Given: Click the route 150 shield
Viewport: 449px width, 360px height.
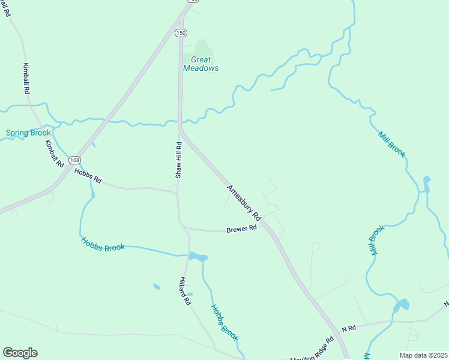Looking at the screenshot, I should (x=180, y=33).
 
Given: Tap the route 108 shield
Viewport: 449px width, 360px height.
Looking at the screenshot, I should (x=74, y=160).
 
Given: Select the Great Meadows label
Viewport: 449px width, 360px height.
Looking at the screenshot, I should (x=200, y=64).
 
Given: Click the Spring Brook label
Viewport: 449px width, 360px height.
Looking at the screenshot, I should (x=28, y=133).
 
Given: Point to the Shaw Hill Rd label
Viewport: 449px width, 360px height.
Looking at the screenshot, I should (x=178, y=160).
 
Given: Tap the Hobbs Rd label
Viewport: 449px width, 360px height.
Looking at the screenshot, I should (x=88, y=175).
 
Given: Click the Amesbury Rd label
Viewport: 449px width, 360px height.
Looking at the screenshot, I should (x=244, y=202).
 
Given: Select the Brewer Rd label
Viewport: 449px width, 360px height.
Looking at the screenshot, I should (x=241, y=229).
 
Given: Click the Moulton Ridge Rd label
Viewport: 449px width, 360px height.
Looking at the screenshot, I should (x=312, y=350).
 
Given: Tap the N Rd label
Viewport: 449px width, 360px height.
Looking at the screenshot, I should (x=349, y=328).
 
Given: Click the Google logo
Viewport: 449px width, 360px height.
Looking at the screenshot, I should (x=20, y=353).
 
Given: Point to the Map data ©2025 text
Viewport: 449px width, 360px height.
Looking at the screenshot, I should (x=423, y=355).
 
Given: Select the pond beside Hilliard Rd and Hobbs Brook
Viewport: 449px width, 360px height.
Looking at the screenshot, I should (x=198, y=257).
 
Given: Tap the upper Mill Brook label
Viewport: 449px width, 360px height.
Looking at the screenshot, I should (x=392, y=143).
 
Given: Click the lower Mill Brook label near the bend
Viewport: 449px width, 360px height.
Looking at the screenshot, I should (x=376, y=240).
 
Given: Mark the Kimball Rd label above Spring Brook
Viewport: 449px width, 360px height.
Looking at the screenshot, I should (x=26, y=78).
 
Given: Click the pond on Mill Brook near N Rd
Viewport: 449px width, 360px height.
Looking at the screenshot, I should (x=401, y=305).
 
